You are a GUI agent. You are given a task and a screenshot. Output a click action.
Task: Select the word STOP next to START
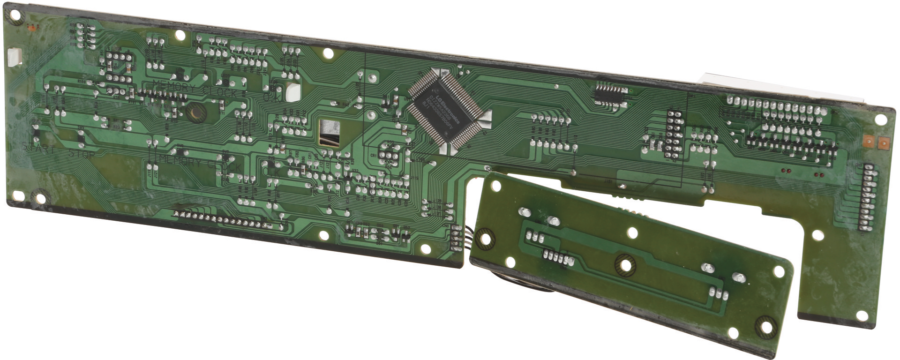click(x=82, y=153)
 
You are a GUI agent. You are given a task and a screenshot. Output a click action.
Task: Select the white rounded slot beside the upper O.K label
click(x=292, y=92)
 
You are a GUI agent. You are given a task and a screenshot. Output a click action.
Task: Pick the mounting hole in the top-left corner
click(x=15, y=15)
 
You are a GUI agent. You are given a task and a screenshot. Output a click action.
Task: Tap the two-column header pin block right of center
click(x=673, y=134)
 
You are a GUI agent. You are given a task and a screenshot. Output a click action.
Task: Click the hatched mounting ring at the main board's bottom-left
click(x=40, y=196)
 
